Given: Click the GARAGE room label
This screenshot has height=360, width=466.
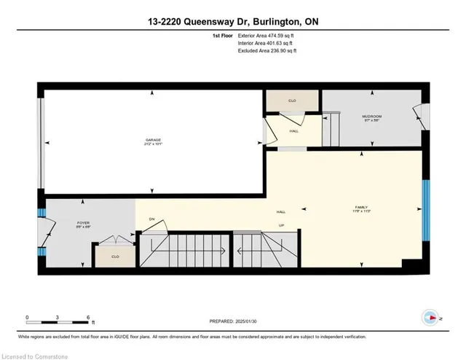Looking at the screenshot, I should coord(153,141).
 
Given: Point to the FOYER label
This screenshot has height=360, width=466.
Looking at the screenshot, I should coord(63,225).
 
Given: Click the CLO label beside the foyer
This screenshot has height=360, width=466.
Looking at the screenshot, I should coord(115,257).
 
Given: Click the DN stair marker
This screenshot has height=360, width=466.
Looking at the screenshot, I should coord(152,219).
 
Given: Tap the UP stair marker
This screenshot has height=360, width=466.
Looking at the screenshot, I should coord(280,226).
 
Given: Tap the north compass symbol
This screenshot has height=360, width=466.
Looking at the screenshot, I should coord(430,317).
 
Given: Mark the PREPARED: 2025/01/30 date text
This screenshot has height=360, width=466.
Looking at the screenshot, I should coord(233,321).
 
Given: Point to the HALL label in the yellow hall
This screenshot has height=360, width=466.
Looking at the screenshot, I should coord(280,212).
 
